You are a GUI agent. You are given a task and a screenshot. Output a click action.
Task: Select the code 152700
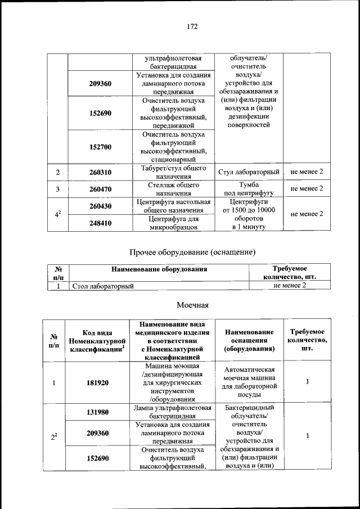tap(100, 147)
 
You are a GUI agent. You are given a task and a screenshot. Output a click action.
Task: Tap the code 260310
tap(100, 172)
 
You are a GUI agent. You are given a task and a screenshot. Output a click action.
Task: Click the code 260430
tap(100, 206)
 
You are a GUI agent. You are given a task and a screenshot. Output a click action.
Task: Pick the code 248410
tap(100, 223)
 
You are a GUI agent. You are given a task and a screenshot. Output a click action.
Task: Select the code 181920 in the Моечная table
tap(97, 383)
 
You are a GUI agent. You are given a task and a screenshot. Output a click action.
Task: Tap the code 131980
tap(97, 412)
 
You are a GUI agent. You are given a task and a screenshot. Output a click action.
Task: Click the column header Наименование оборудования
tap(159, 269)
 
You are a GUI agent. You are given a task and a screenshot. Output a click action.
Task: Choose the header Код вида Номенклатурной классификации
tap(97, 341)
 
